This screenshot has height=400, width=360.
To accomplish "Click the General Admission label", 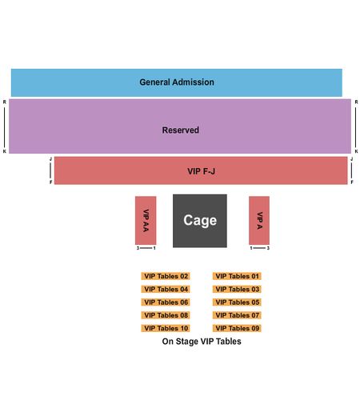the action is (177, 82).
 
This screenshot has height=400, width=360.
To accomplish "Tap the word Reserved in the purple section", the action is (181, 130).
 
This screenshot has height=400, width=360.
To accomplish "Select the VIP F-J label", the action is (201, 171).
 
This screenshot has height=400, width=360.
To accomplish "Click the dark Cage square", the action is (200, 221).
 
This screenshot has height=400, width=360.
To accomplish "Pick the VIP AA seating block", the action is (146, 220).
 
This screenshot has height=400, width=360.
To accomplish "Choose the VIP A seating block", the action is (259, 220).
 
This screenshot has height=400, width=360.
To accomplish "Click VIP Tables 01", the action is (237, 276).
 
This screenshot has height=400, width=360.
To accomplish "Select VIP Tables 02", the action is (166, 276).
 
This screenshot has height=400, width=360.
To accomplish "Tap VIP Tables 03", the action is (237, 289).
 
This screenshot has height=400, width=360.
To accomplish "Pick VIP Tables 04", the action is (166, 289).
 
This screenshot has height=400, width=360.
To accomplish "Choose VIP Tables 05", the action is (237, 302).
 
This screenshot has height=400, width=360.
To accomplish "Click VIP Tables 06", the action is (166, 302).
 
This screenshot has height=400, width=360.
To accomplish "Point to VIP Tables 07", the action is (237, 315).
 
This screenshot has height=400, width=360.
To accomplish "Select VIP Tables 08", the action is (166, 315).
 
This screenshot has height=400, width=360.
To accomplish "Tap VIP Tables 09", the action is (237, 328).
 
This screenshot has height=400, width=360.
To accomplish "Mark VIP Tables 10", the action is (166, 328).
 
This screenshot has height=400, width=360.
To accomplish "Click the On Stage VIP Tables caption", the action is (202, 342).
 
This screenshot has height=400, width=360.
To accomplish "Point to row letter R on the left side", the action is (5, 102).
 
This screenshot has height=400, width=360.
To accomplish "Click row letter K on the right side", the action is (356, 151).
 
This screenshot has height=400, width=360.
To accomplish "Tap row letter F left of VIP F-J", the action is (50, 182).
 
